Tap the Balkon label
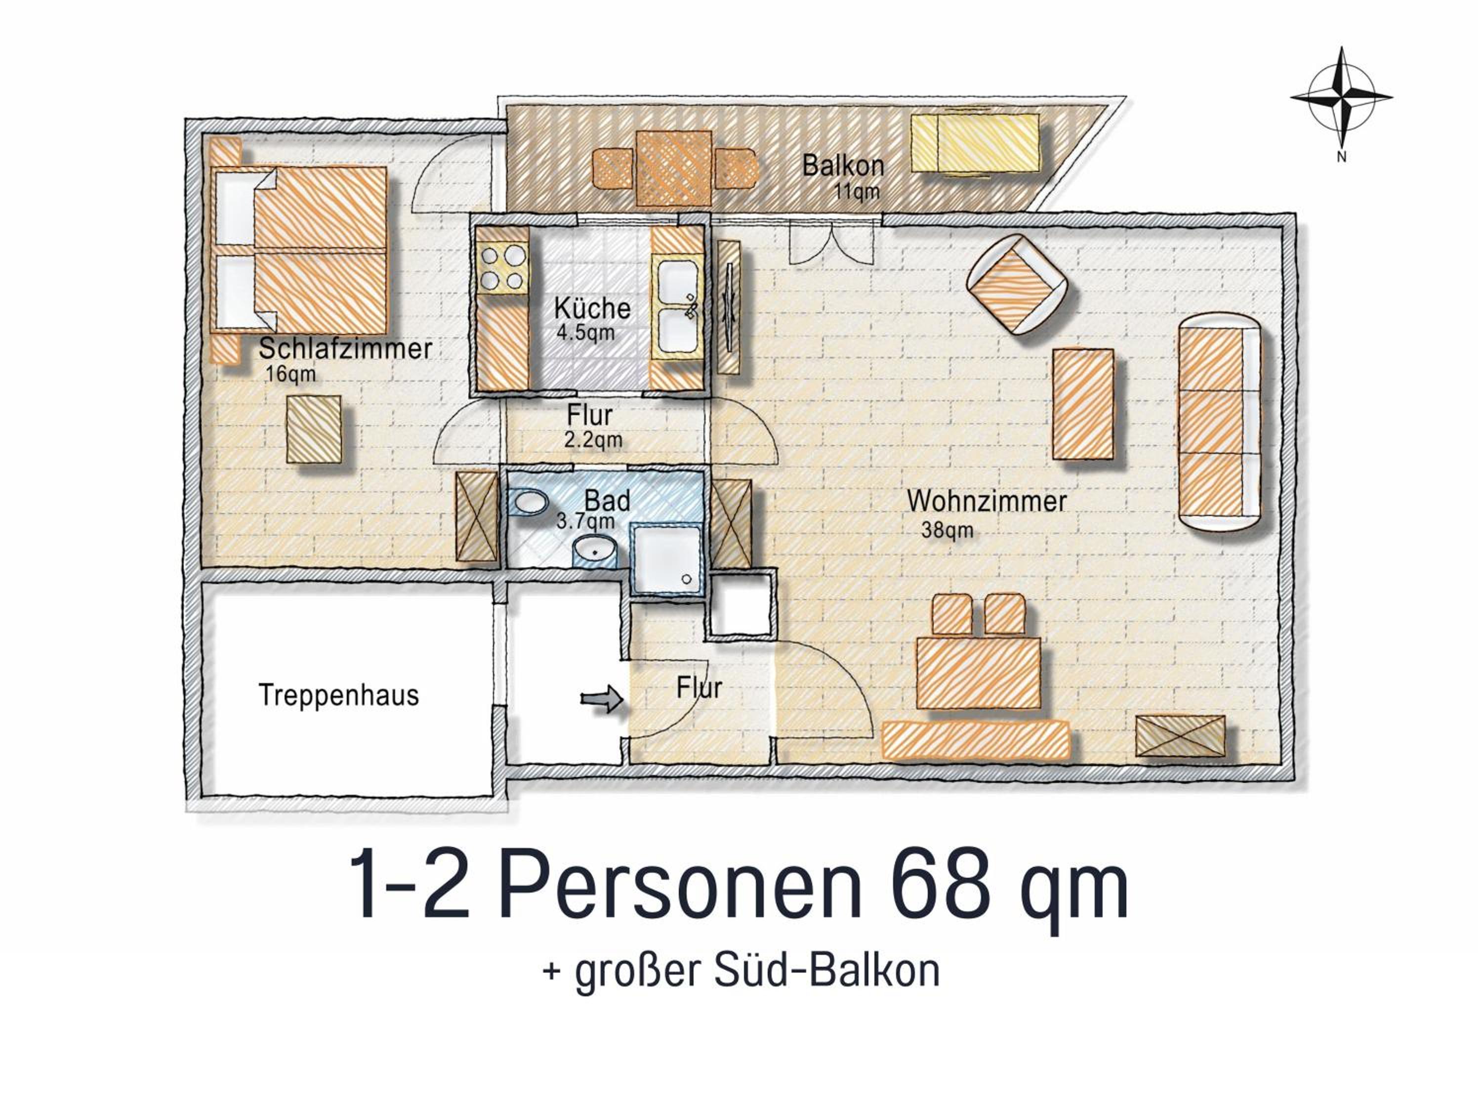(x=843, y=165)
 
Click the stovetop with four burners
(x=502, y=267)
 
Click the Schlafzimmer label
(x=345, y=348)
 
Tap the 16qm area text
(x=290, y=374)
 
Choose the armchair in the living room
(x=1016, y=284)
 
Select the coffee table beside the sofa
(x=1083, y=404)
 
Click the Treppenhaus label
(x=339, y=695)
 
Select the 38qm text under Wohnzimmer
(x=947, y=530)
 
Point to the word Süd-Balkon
(x=827, y=970)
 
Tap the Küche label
(x=592, y=308)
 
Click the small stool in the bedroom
(x=314, y=429)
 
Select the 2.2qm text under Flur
(x=593, y=440)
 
